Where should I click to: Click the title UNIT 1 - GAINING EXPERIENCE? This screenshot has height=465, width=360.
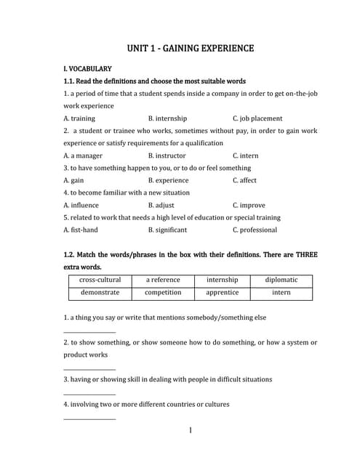tap(191, 49)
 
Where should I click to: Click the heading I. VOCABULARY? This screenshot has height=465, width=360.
tap(87, 68)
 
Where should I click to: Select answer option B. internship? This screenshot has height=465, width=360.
tap(167, 118)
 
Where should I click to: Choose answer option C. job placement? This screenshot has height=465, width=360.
tap(257, 118)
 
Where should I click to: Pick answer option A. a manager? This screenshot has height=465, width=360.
tap(83, 155)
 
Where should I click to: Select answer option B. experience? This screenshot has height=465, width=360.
tap(168, 180)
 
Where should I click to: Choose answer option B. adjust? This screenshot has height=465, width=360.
tap(161, 205)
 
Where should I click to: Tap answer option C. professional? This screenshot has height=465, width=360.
tap(255, 230)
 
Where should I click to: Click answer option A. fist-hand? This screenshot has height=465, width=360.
tap(81, 230)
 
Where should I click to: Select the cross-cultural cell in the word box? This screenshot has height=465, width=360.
tap(100, 280)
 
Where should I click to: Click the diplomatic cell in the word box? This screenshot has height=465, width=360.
tap(281, 280)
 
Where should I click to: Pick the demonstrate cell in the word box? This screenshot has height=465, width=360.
tap(100, 293)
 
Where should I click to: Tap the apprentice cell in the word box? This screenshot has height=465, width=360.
tap(222, 293)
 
